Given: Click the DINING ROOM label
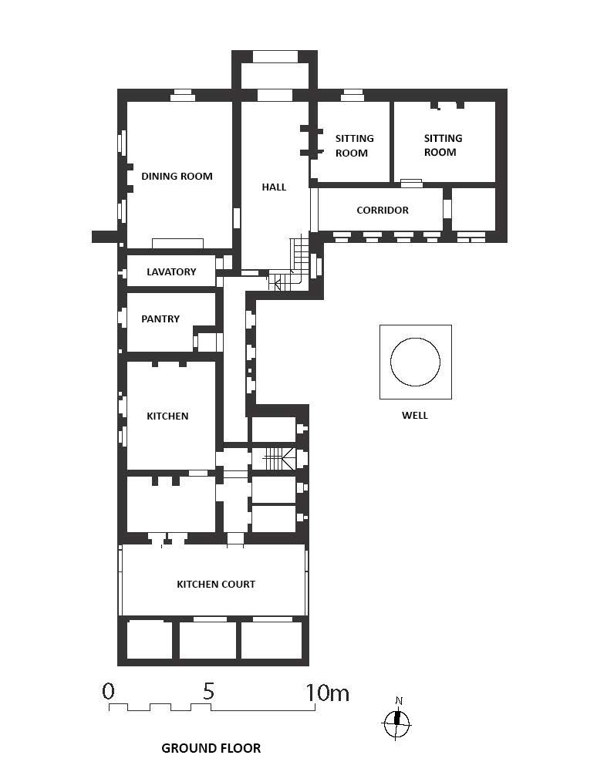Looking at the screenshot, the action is [x=177, y=177].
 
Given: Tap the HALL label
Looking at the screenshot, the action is [x=274, y=187].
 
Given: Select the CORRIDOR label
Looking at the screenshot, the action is [x=383, y=211].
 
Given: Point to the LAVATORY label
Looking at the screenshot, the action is [x=171, y=271].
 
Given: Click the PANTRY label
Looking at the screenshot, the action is [x=160, y=319].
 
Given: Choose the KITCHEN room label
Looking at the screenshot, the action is [x=167, y=416].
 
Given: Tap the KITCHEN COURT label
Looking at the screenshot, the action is [x=216, y=585].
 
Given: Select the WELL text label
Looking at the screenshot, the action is [x=415, y=416].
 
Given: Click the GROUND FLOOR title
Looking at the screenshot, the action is [x=211, y=748].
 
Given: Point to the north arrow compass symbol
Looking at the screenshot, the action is [x=396, y=723].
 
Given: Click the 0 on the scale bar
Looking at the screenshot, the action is [x=108, y=691].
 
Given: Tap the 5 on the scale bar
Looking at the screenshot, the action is [x=209, y=691].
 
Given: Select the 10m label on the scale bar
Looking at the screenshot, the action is [x=328, y=693].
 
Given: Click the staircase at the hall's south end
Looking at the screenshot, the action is [x=291, y=266].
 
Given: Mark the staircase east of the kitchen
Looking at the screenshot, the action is [x=279, y=459].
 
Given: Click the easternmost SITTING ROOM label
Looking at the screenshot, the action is [x=443, y=145].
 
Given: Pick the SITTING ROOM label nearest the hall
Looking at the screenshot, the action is [x=354, y=146].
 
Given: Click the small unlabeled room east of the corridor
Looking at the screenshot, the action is [x=474, y=209].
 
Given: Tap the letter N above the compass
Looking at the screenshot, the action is [x=399, y=701].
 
